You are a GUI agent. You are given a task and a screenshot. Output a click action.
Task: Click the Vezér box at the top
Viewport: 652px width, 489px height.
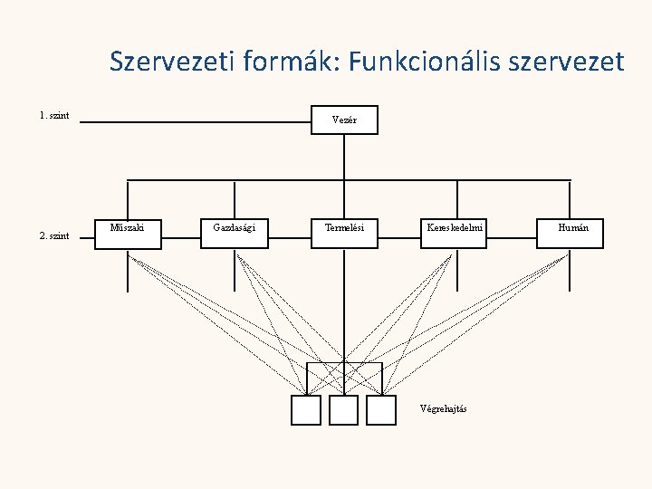pyautogui.click(x=344, y=120)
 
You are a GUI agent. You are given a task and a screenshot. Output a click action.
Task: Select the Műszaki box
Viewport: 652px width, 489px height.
pyautogui.click(x=127, y=233)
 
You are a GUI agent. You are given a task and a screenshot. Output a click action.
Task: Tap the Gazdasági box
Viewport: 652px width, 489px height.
pyautogui.click(x=234, y=233)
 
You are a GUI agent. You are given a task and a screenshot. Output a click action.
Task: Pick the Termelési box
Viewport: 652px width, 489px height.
pyautogui.click(x=344, y=233)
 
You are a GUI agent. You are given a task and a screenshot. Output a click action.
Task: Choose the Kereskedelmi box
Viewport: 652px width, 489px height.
pyautogui.click(x=456, y=233)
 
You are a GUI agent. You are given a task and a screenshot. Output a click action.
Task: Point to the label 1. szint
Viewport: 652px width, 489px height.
pyautogui.click(x=54, y=116)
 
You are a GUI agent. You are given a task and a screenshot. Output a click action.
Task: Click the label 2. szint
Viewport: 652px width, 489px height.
pyautogui.click(x=54, y=235)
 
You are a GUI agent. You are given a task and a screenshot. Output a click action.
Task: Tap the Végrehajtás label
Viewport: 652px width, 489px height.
pyautogui.click(x=443, y=408)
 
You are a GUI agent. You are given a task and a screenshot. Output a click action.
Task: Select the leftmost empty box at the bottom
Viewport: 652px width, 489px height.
pyautogui.click(x=306, y=410)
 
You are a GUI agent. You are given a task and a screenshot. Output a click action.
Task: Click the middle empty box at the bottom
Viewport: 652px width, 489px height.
pyautogui.click(x=344, y=410)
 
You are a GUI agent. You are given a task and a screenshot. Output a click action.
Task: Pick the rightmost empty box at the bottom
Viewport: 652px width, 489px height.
pyautogui.click(x=382, y=410)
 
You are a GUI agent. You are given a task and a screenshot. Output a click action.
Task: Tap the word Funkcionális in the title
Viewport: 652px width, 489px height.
pyautogui.click(x=425, y=62)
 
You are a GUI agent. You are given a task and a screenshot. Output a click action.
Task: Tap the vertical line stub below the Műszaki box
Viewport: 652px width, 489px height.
pyautogui.click(x=127, y=272)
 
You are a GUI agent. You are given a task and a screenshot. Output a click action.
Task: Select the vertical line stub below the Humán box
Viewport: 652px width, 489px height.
pyautogui.click(x=570, y=272)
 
